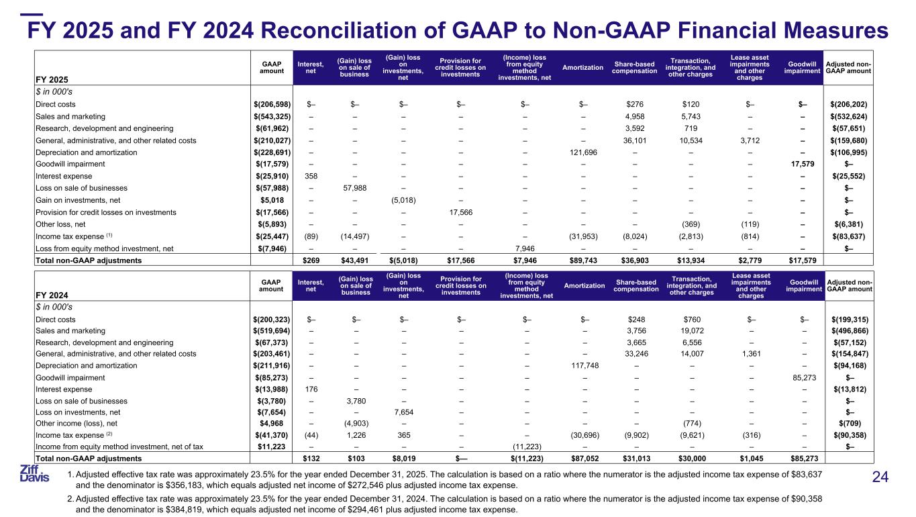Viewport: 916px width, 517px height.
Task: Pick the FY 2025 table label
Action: point(52,79)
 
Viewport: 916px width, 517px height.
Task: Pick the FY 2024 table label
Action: point(52,295)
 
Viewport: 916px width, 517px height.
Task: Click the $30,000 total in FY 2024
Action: point(691,459)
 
